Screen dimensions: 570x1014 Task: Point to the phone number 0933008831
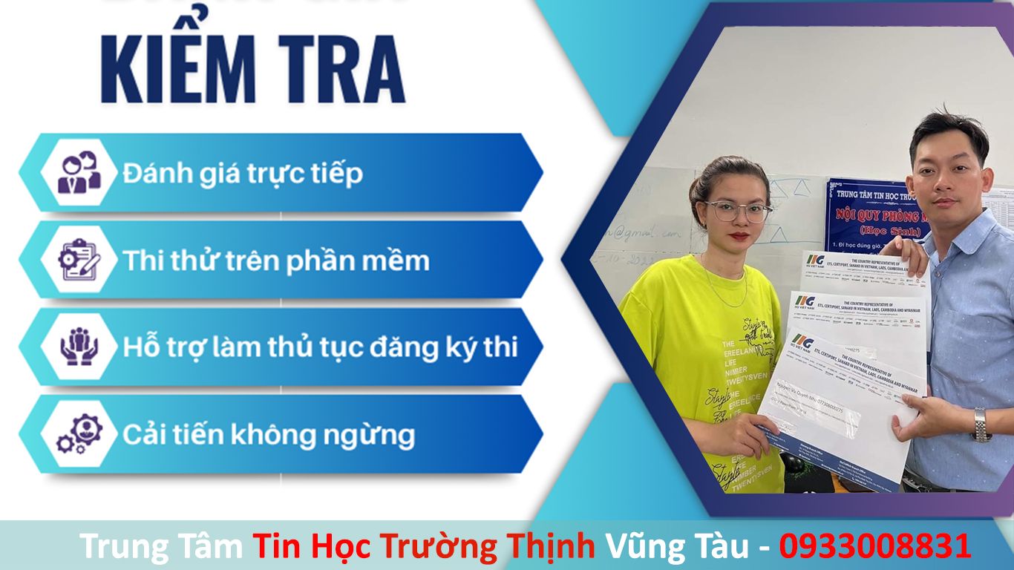[874, 546]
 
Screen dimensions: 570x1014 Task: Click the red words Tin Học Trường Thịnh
[423, 546]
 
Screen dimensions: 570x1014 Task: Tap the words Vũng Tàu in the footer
[677, 546]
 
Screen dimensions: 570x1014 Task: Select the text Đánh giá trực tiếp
[243, 173]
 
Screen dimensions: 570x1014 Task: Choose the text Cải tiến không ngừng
[268, 434]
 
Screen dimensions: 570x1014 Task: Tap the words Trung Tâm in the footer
[161, 546]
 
